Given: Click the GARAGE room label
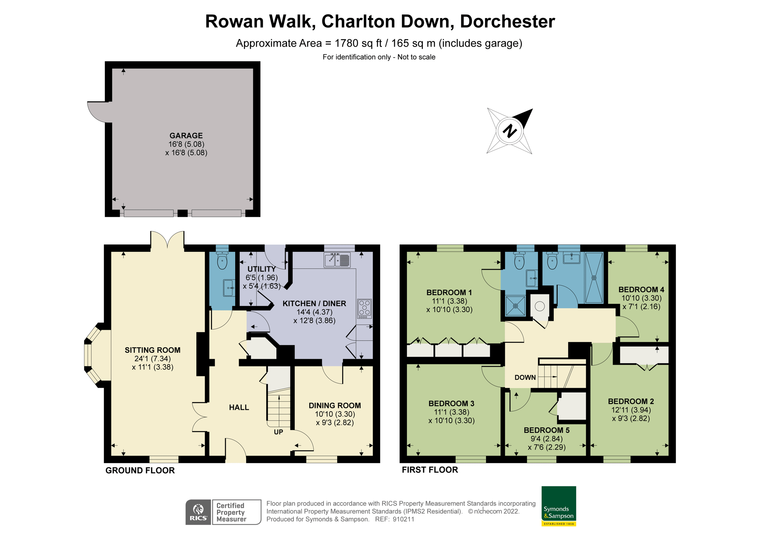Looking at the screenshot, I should (186, 136).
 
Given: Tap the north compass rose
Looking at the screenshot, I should (510, 131).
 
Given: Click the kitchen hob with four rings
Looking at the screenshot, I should (364, 308).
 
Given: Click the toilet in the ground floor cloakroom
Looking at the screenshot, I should (222, 261).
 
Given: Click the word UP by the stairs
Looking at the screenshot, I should (278, 432).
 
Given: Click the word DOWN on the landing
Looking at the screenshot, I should (525, 377).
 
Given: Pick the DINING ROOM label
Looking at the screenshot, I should (335, 405).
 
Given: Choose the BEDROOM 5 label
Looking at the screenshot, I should (547, 430).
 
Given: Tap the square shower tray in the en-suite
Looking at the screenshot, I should (516, 306).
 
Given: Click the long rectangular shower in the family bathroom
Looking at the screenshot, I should (594, 278).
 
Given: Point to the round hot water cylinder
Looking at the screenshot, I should (540, 306).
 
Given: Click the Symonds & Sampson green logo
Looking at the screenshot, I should (559, 506).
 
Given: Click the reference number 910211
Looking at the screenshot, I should (403, 519).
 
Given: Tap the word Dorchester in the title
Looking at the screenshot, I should (507, 22).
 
